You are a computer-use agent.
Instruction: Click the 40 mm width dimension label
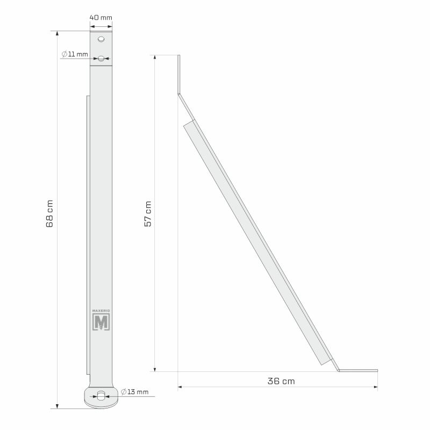(x=101, y=18)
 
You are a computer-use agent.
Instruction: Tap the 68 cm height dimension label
(x=49, y=213)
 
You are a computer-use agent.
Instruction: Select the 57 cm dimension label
(x=148, y=214)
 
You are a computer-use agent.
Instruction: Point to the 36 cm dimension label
(x=281, y=381)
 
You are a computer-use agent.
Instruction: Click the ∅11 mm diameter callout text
(x=75, y=54)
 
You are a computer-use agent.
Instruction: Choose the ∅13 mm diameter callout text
(x=134, y=392)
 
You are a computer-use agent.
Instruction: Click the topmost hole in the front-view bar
(x=101, y=39)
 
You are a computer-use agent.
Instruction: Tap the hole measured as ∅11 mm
(x=101, y=59)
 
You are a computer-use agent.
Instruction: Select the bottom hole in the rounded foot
(x=101, y=396)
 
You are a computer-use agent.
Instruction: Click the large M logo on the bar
(x=101, y=321)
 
